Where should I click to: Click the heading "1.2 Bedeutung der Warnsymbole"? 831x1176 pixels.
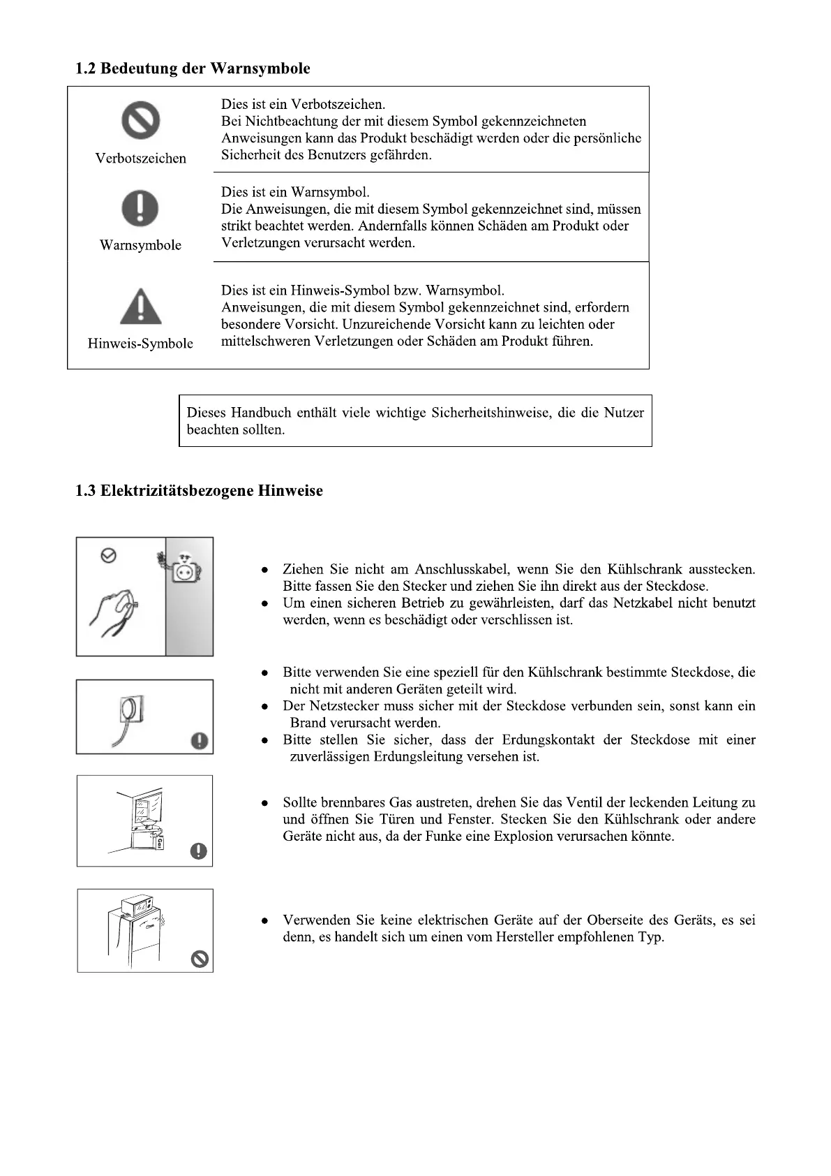coord(193,68)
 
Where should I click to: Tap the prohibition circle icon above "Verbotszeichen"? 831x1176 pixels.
coord(141,120)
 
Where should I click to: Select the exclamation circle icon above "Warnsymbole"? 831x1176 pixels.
coord(140,207)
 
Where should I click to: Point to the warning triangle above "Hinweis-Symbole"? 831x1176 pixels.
coord(140,307)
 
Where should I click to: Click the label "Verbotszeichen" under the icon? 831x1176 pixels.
coord(140,159)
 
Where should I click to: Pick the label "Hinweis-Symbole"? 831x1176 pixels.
coord(140,344)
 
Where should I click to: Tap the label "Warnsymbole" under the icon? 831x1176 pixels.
coord(140,245)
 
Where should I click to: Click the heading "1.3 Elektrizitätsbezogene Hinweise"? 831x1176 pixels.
coord(199,491)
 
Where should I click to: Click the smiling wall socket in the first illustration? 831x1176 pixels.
coord(185,570)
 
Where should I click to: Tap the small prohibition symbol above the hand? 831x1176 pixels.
coord(108,556)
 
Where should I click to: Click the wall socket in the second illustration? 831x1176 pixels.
coord(132,710)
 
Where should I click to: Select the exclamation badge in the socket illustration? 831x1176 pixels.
coord(200,740)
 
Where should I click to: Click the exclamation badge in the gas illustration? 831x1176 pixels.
coord(200,851)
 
